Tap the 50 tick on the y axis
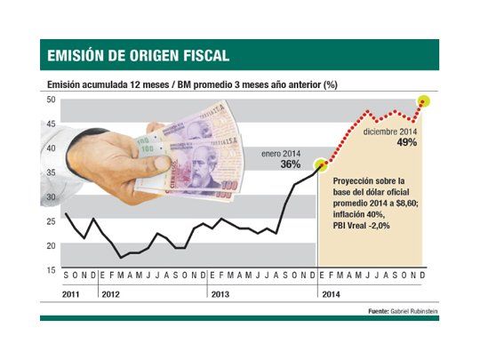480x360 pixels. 52,100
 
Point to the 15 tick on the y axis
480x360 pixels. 52,269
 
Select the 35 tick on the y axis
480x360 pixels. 52,172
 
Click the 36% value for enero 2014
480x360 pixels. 290,164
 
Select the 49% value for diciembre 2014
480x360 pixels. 408,142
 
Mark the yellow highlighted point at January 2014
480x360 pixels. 322,164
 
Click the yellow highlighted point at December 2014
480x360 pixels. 424,100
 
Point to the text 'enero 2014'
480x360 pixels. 280,153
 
